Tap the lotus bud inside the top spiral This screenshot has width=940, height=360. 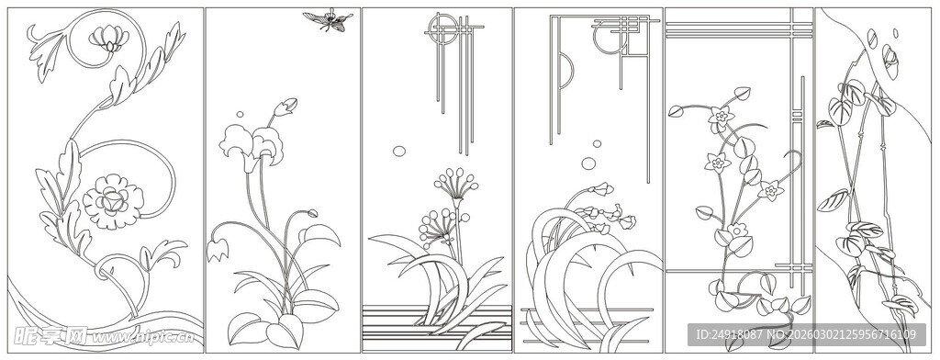click(108, 38)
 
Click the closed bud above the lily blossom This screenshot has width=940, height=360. click(287, 107)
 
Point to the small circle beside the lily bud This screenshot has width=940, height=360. click(241, 115)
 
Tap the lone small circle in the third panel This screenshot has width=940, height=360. click(399, 151)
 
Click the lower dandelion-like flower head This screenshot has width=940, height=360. click(432, 220)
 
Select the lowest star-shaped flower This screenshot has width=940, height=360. click(770, 191)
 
